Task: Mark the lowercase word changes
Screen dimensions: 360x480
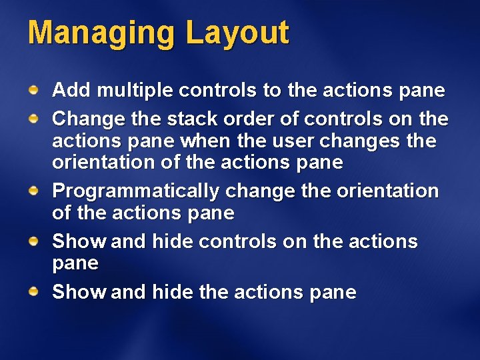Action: click(368, 141)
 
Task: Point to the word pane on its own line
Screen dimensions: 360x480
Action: click(75, 264)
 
